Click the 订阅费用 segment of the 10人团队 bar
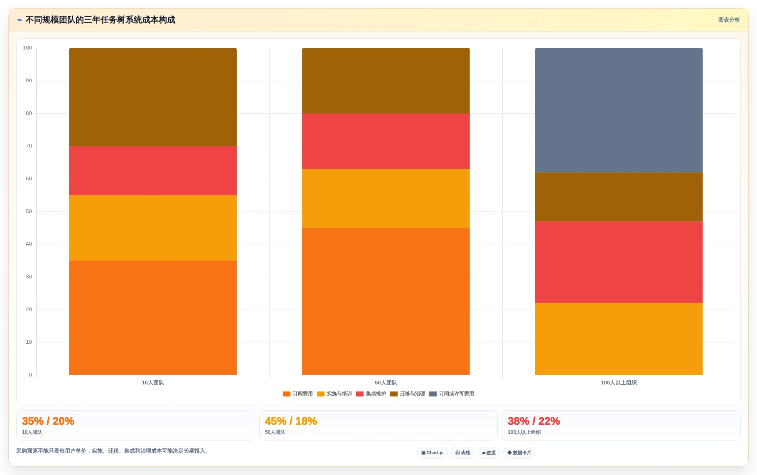pyautogui.click(x=153, y=317)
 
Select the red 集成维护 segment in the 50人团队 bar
pyautogui.click(x=386, y=141)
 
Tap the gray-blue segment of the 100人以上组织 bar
pyautogui.click(x=619, y=110)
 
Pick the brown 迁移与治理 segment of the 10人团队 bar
pyautogui.click(x=153, y=97)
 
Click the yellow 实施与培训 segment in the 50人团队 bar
pyautogui.click(x=386, y=198)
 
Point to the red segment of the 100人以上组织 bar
pyautogui.click(x=619, y=262)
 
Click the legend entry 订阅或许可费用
pyautogui.click(x=452, y=394)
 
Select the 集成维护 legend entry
pyautogui.click(x=371, y=394)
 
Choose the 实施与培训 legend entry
pyautogui.click(x=334, y=394)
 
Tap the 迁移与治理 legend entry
pyautogui.click(x=408, y=394)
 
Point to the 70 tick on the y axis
pyautogui.click(x=29, y=146)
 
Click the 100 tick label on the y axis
pyautogui.click(x=27, y=48)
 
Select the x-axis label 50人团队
pyautogui.click(x=386, y=383)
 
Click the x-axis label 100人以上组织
pyautogui.click(x=619, y=383)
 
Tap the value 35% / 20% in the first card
pyautogui.click(x=48, y=421)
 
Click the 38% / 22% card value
pyautogui.click(x=534, y=421)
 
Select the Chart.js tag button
pyautogui.click(x=433, y=453)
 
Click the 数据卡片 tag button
pyautogui.click(x=519, y=453)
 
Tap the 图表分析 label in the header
pyautogui.click(x=729, y=20)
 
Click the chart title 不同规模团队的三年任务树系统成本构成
pyautogui.click(x=100, y=20)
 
